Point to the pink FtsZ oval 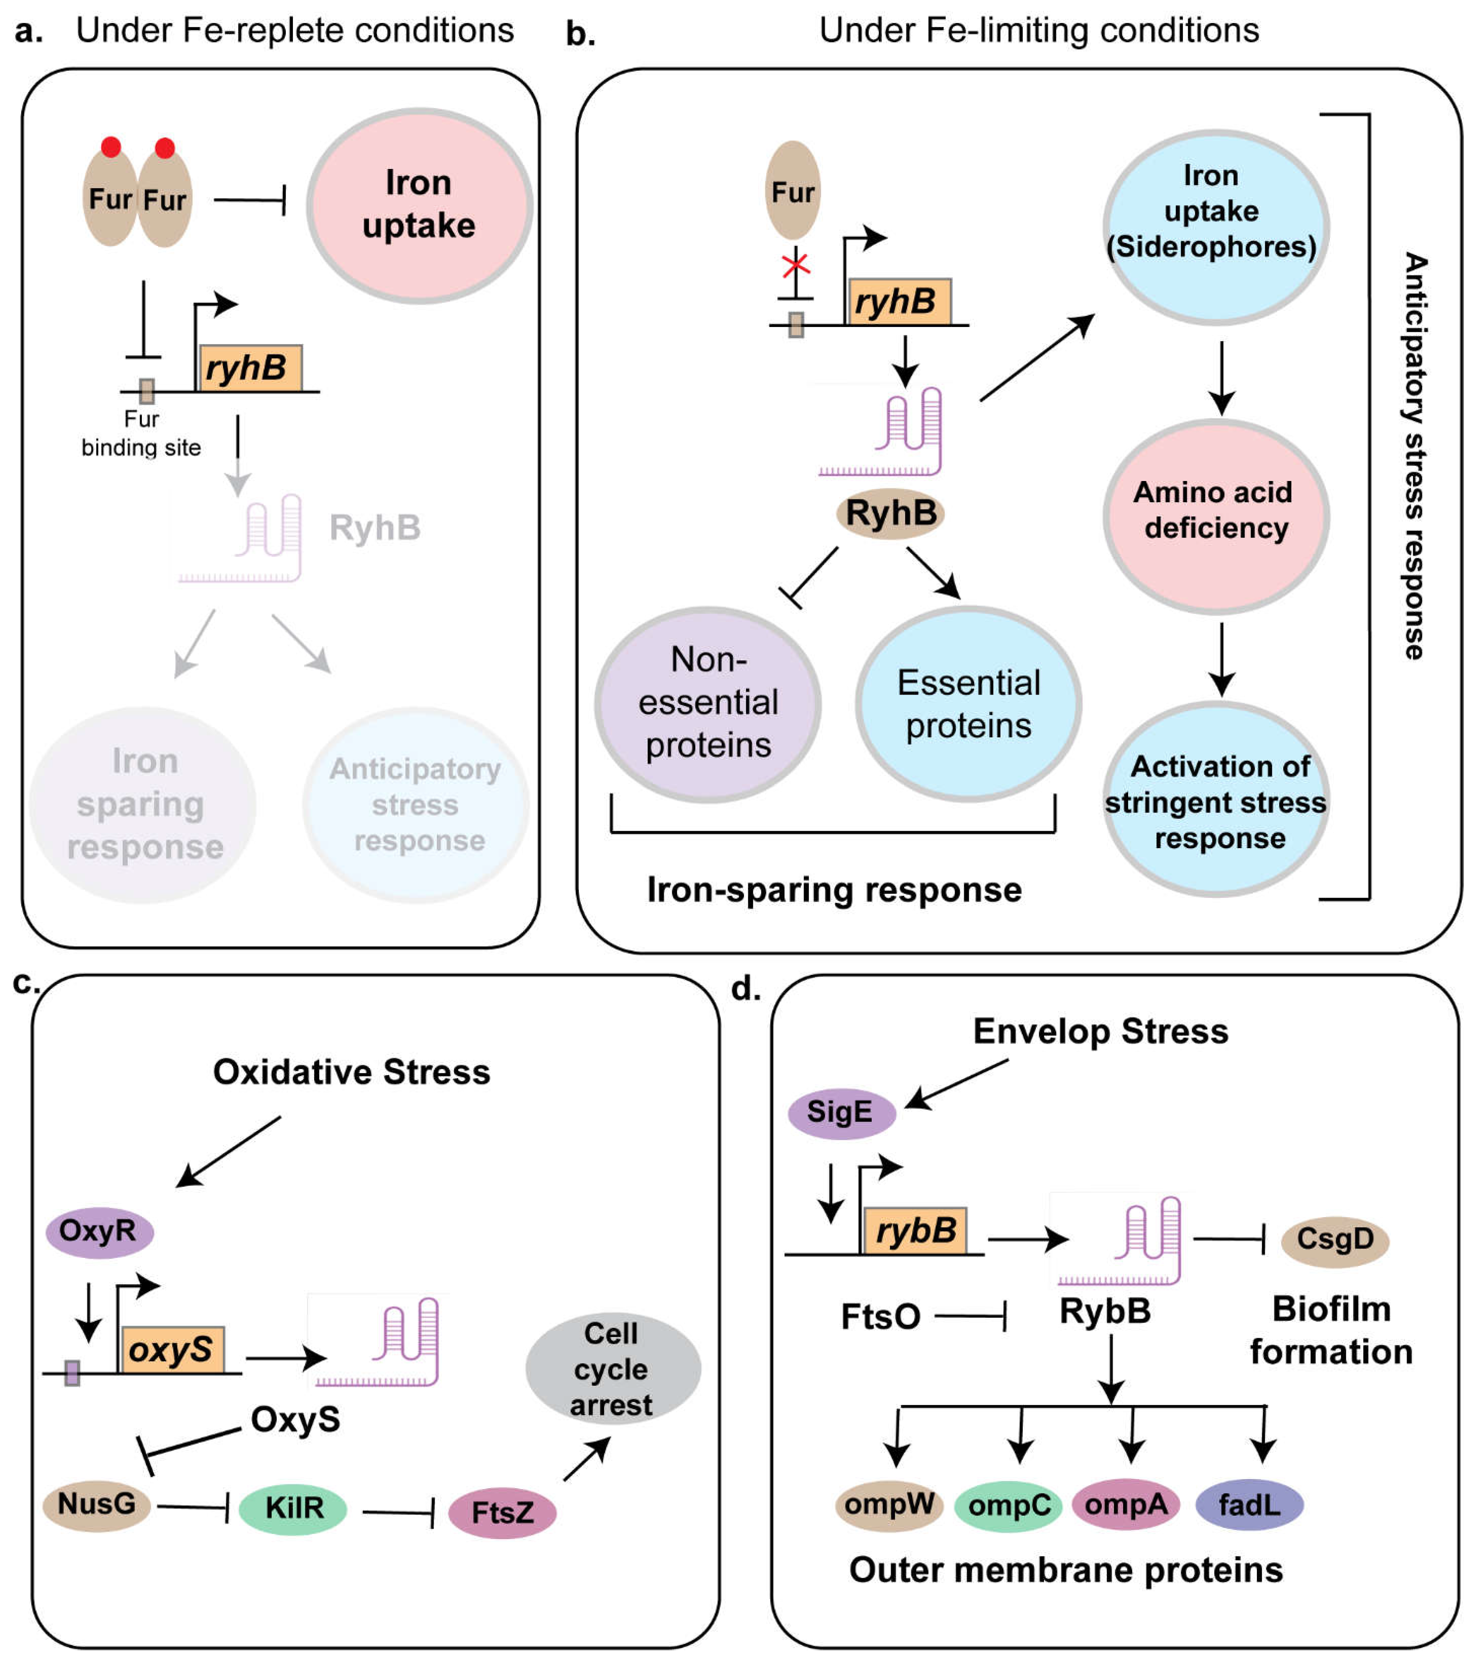click(x=502, y=1513)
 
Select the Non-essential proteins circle click(x=708, y=703)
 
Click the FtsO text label click(x=880, y=1317)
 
